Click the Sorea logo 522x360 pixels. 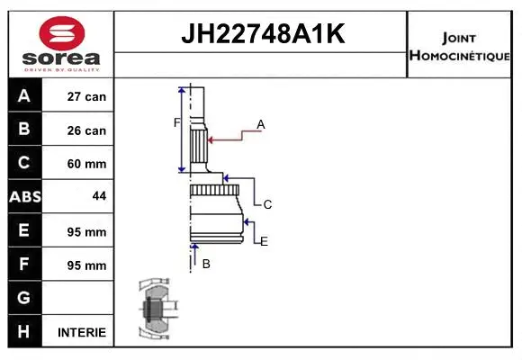point(60,44)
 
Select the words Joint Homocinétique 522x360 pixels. point(460,45)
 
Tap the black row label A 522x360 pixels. point(24,96)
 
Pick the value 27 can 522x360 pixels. point(87,96)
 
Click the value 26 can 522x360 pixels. point(87,130)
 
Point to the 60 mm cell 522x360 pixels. point(87,164)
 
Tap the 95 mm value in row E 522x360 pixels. point(87,231)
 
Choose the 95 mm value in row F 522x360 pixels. point(87,265)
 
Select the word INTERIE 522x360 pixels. point(82,332)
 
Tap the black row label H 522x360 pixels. point(24,332)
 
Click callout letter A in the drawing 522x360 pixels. point(261,123)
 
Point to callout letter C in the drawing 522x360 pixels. point(267,205)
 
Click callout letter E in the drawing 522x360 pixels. point(264,241)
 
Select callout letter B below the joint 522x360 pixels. point(206,264)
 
